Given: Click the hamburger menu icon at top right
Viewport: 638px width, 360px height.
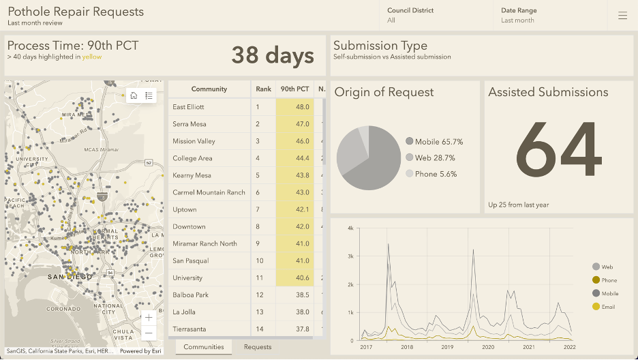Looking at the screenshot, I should (x=622, y=16).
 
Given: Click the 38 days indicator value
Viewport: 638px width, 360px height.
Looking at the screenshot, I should (x=273, y=55).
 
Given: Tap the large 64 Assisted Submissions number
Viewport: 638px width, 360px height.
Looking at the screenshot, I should (x=559, y=149).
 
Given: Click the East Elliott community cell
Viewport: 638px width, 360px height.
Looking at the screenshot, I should (x=188, y=107).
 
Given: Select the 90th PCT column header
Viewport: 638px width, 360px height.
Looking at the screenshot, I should (x=294, y=89).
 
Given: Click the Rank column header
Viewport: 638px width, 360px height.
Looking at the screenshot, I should (x=263, y=89).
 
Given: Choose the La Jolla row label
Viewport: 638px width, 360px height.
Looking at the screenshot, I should (x=184, y=312).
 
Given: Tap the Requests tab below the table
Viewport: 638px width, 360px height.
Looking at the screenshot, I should (x=258, y=347).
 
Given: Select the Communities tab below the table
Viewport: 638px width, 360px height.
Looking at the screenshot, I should (x=204, y=347).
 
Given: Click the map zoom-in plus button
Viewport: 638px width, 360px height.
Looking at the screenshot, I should (x=149, y=318).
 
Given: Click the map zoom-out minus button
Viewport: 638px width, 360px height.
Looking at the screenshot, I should (x=149, y=333).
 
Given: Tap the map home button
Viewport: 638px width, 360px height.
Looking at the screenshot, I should (x=134, y=95).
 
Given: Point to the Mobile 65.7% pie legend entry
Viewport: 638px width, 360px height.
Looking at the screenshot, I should (x=434, y=142).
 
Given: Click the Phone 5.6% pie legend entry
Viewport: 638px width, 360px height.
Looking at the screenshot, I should (x=431, y=174).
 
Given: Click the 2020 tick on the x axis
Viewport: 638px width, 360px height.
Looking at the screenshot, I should (x=488, y=347).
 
